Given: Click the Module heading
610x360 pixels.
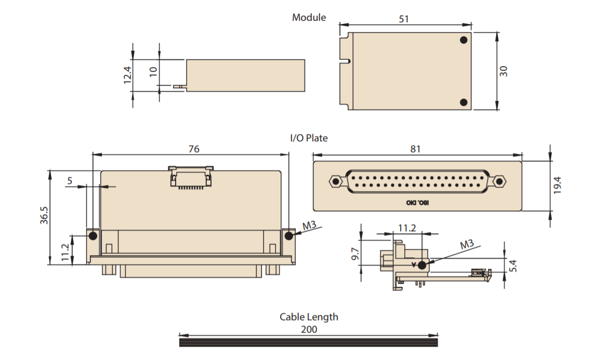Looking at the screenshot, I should (x=309, y=17).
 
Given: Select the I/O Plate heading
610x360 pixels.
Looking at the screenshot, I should (x=309, y=138).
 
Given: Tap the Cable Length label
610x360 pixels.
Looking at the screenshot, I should (x=309, y=316).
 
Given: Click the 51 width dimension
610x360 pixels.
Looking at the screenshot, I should (x=404, y=19).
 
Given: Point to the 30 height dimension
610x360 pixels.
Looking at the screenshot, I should (x=503, y=71).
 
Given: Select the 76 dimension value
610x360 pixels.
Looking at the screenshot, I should (x=193, y=149).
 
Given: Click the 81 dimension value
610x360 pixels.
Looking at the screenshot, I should (x=415, y=149).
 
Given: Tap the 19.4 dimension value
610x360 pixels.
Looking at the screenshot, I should (x=558, y=185).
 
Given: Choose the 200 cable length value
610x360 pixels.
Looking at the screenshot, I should (x=309, y=329).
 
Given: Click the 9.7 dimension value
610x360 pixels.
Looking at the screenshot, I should (x=355, y=254).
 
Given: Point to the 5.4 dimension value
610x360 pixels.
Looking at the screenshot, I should (x=513, y=266).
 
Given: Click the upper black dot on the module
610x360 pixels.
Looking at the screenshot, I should (x=463, y=39).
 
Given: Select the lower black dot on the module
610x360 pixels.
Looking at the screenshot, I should (x=463, y=102).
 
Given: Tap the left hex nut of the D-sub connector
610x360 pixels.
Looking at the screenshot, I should (x=335, y=181).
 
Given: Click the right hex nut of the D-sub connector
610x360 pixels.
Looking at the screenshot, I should (x=499, y=181).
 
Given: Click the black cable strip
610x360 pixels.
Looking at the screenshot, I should (x=308, y=342).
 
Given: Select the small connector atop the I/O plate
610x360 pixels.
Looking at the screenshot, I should (x=191, y=176).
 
